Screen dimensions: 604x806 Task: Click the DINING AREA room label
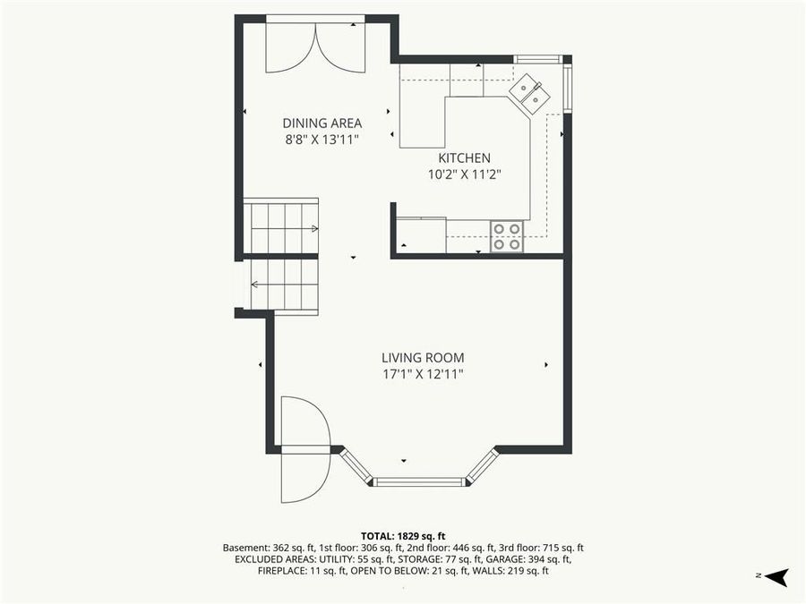click(322, 123)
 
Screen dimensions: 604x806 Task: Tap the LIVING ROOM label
click(423, 358)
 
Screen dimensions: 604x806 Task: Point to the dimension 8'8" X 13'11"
click(322, 140)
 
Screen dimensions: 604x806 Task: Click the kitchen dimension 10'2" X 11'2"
click(464, 174)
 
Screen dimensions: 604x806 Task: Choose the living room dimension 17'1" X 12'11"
click(423, 374)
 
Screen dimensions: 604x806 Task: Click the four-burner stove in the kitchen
click(507, 236)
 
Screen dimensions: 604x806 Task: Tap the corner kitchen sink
click(528, 94)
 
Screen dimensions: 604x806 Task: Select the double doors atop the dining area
click(315, 45)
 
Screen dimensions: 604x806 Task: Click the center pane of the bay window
click(419, 482)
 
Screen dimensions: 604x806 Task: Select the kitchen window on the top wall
click(538, 59)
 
